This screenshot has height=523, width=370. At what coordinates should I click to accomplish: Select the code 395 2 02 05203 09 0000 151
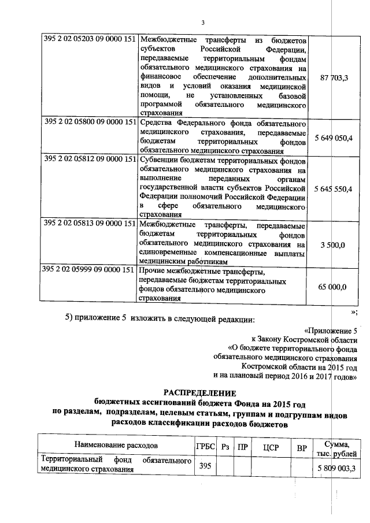tap(90, 40)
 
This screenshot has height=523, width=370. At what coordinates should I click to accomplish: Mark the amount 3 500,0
tap(333, 246)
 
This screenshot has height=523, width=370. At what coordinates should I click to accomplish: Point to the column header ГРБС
tap(205, 447)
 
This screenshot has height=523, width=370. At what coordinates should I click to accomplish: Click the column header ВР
tap(301, 447)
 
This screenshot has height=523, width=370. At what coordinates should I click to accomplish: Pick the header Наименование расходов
tap(116, 446)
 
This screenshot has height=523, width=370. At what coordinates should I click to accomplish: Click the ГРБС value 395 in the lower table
tap(205, 465)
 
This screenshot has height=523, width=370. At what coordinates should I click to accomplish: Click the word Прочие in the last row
tap(154, 272)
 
